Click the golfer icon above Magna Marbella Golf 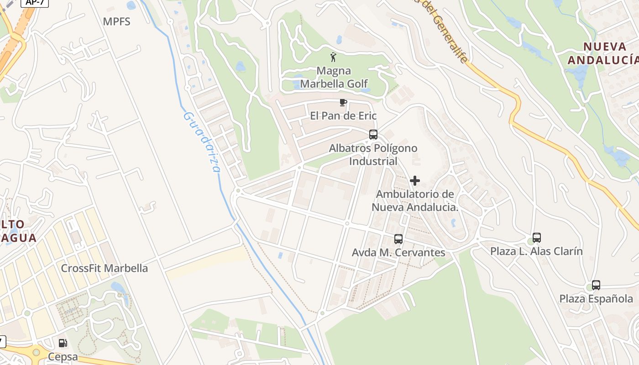(x=334, y=57)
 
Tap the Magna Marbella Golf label (x=334, y=77)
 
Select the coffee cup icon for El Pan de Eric (x=343, y=103)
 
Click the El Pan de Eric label (x=343, y=116)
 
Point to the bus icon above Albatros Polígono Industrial (x=373, y=135)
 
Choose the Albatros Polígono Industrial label (x=373, y=155)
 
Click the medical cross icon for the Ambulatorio (x=415, y=181)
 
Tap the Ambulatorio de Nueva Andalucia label (x=415, y=201)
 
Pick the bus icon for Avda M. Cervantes (x=398, y=239)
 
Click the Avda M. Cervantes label (x=398, y=252)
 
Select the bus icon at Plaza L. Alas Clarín (x=537, y=238)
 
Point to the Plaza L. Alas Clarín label (x=537, y=251)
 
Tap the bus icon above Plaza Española (x=596, y=285)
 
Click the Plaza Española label (x=596, y=299)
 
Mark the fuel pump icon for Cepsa (x=63, y=343)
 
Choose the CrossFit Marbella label (x=105, y=268)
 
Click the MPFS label (x=116, y=21)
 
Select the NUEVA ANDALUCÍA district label (x=603, y=53)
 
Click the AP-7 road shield (x=36, y=2)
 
